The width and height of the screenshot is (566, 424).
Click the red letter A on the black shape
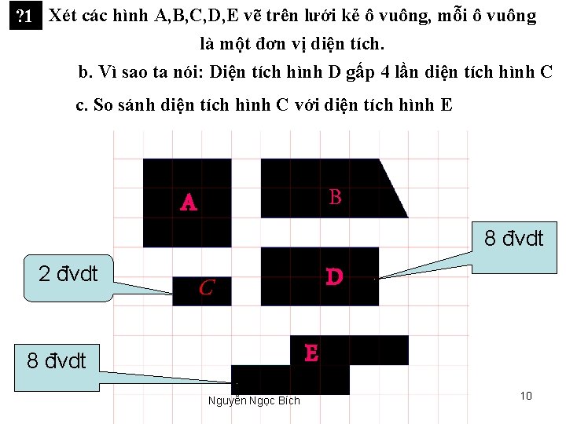(x=189, y=203)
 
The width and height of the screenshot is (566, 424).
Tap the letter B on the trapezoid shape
(x=336, y=197)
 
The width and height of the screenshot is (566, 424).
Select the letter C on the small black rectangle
(x=207, y=288)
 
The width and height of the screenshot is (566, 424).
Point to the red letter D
(x=334, y=277)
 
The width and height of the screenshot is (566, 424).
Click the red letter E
(x=311, y=353)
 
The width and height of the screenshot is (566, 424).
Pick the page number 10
(x=526, y=395)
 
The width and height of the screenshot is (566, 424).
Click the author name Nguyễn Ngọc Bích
(x=254, y=400)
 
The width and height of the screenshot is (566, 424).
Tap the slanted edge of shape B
(x=393, y=188)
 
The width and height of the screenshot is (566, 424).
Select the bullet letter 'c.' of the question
(x=81, y=105)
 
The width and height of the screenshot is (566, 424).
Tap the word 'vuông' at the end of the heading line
(x=513, y=16)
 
